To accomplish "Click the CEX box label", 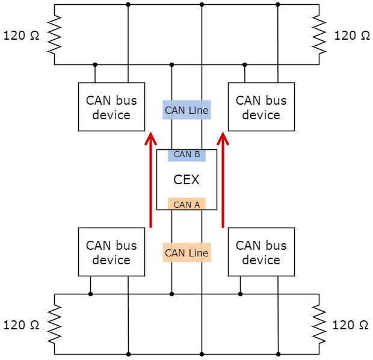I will (x=186, y=179).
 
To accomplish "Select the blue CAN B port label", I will (x=186, y=154).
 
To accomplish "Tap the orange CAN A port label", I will (x=186, y=204).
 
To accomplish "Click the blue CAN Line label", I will (x=186, y=110).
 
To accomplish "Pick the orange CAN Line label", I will (x=186, y=253).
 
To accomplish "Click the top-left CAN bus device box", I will (x=111, y=107).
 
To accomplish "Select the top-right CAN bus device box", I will (x=261, y=107).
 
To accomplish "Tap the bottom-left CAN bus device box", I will (x=111, y=252).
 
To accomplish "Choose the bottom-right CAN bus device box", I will (x=261, y=252).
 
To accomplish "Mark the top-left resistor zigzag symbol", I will (x=54, y=34).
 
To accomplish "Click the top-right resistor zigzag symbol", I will (x=319, y=34).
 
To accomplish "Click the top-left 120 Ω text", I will (x=22, y=35).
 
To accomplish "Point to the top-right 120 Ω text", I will (x=352, y=35).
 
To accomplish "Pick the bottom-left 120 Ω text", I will (x=22, y=325).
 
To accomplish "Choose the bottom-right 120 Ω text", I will (x=351, y=325).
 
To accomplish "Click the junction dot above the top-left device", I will (x=95, y=64).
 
